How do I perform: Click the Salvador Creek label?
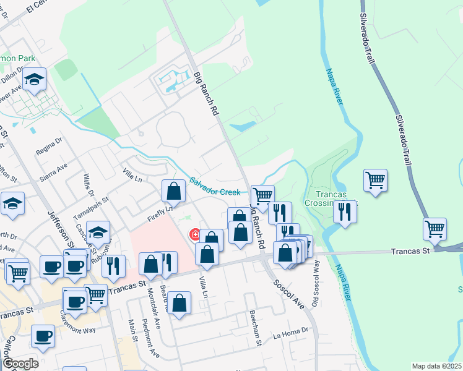pyautogui.click(x=215, y=187)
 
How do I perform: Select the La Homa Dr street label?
pyautogui.click(x=290, y=334)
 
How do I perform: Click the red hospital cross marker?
pyautogui.click(x=194, y=234)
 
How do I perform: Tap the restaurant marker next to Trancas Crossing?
pyautogui.click(x=345, y=211)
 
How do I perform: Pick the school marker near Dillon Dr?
pyautogui.click(x=35, y=79)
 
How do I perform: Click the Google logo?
pyautogui.click(x=20, y=364)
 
